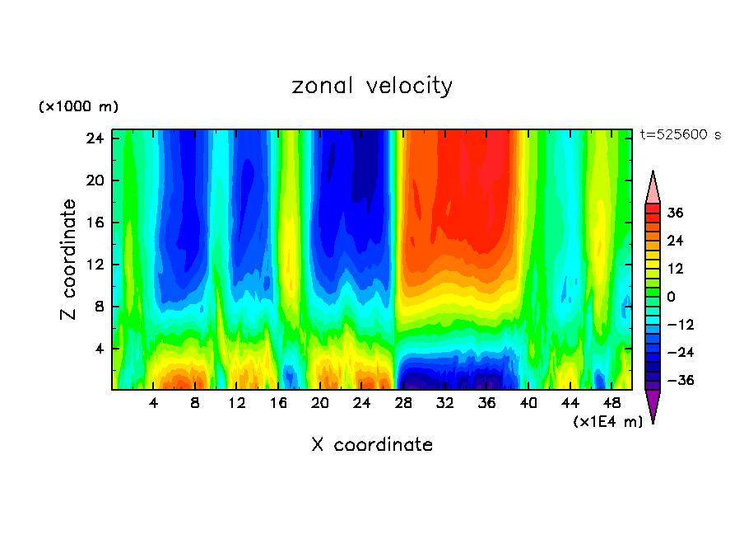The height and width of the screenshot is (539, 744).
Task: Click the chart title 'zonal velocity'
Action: point(372,86)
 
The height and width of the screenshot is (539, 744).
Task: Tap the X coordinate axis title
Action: point(372,445)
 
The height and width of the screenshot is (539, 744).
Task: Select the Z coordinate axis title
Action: point(69,260)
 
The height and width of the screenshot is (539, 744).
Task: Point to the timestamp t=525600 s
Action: point(680,135)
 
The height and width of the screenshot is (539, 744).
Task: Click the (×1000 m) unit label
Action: point(79,107)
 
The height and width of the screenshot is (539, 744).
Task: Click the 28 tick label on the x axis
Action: point(403,404)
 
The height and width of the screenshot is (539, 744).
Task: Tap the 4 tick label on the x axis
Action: point(153,404)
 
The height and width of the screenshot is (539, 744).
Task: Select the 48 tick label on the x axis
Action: point(611,404)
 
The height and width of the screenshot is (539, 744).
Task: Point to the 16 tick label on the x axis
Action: point(278,404)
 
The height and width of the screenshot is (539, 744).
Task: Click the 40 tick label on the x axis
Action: point(528,404)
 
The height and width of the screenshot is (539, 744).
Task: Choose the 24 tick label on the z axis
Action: point(95,138)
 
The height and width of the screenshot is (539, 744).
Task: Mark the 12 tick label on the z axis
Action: point(95,265)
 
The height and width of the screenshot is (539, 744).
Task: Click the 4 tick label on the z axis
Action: point(100,349)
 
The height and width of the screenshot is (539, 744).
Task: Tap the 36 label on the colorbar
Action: point(675,213)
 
